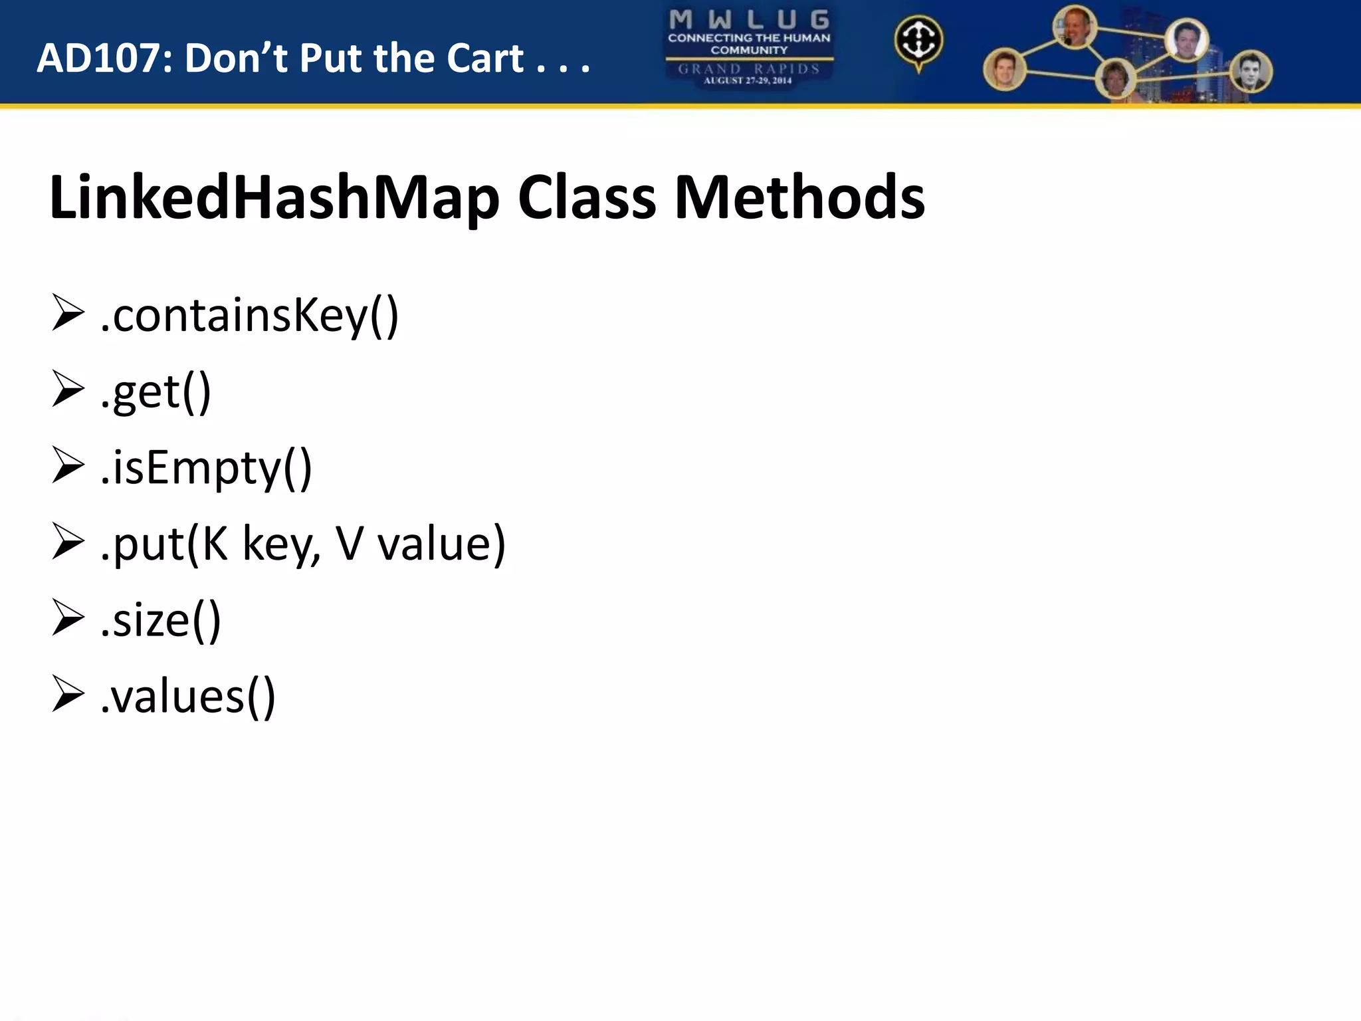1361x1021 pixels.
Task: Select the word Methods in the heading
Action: (799, 197)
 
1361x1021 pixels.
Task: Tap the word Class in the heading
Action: (587, 197)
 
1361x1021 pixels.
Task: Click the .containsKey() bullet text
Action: (249, 315)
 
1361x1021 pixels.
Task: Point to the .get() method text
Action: (156, 392)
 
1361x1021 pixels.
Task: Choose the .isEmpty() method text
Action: (206, 467)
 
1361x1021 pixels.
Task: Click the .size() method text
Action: (160, 620)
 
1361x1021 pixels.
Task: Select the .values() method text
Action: (187, 696)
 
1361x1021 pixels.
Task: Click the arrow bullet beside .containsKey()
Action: (68, 314)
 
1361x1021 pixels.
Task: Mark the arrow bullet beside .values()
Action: (68, 695)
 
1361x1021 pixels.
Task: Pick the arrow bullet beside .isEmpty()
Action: (68, 466)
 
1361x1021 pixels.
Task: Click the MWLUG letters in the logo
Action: (749, 20)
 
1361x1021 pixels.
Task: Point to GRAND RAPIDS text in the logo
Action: (749, 69)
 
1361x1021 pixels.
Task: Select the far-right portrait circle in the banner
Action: (1251, 72)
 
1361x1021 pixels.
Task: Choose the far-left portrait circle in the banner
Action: (1004, 69)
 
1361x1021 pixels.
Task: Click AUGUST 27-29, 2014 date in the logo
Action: (748, 81)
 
